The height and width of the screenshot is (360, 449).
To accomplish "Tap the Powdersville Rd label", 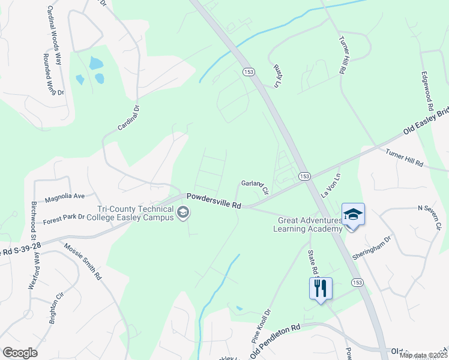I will click(x=213, y=201).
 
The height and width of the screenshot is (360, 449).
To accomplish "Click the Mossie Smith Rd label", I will click(x=83, y=262).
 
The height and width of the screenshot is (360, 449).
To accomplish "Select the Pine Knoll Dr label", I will click(x=261, y=326).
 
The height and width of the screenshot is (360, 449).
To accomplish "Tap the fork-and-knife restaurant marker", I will click(x=320, y=289).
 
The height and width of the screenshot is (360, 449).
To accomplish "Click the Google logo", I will click(x=20, y=353).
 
